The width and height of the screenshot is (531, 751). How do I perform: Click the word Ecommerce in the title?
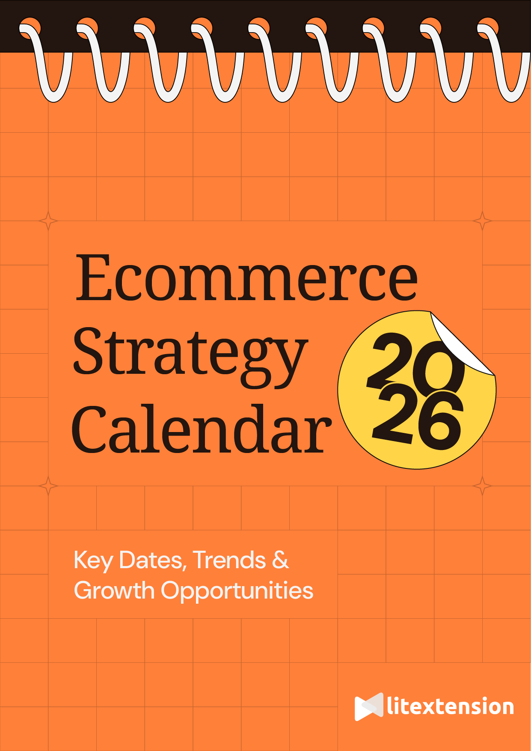(246, 277)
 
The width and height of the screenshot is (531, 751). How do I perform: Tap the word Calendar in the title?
(201, 429)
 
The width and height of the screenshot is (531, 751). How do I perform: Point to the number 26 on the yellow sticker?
(417, 422)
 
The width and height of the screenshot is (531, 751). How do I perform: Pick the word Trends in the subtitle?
(229, 560)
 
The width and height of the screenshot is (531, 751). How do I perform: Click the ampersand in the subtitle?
(280, 560)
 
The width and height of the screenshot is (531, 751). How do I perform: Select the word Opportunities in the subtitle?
(237, 591)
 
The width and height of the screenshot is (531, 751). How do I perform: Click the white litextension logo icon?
(368, 706)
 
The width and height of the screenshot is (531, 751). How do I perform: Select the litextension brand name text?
(450, 706)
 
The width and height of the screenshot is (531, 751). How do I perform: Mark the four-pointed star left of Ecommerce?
(48, 221)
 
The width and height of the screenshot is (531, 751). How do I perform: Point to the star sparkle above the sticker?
(482, 221)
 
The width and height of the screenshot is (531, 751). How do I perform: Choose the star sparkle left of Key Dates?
(48, 486)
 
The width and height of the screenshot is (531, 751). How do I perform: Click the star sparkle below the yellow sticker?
(482, 486)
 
